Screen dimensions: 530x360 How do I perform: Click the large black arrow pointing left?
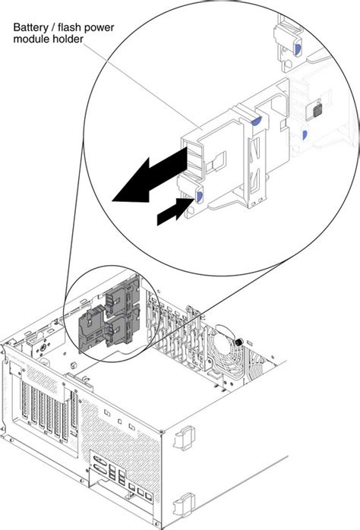[x=148, y=176]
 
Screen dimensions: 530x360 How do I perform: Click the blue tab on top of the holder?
[x=258, y=120]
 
